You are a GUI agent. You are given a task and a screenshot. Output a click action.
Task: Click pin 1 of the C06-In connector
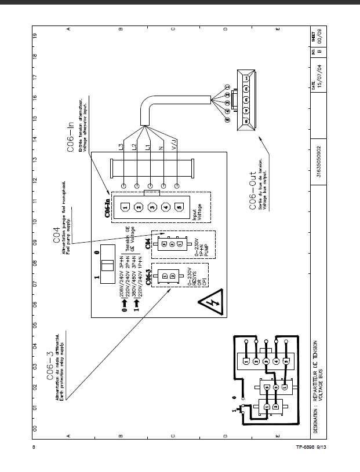124,206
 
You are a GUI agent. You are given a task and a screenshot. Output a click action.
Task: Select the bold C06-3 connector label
149,277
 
